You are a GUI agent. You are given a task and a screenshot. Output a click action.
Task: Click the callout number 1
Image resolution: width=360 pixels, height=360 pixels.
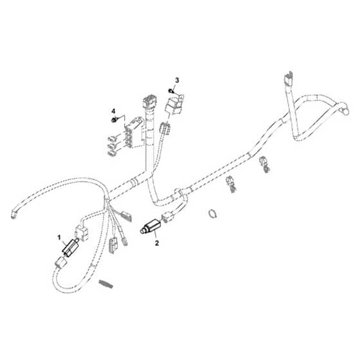[59, 237]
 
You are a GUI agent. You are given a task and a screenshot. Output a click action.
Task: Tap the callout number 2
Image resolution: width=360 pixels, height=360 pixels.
[157, 243]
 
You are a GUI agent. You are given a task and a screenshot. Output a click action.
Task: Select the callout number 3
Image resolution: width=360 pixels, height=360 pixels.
[177, 80]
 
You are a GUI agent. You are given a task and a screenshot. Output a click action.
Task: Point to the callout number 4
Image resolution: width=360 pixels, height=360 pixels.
[113, 111]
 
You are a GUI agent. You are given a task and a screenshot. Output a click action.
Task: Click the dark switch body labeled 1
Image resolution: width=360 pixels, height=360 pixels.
[70, 247]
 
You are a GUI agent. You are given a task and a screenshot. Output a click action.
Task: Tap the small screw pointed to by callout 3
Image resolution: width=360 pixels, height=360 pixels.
[170, 91]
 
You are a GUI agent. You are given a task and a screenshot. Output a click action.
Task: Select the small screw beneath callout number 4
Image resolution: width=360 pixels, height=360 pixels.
[114, 120]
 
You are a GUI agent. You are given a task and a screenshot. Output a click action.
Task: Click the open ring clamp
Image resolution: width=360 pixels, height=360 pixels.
[213, 213]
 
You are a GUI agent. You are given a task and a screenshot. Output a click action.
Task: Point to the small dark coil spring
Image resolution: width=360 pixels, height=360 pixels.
[106, 284]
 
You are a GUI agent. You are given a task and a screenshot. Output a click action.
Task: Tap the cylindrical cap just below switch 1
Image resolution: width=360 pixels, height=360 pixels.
[61, 263]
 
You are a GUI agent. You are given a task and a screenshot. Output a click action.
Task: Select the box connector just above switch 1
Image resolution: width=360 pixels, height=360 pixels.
[82, 232]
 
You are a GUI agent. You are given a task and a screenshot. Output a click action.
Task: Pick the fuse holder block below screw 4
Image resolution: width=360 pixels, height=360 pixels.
[134, 132]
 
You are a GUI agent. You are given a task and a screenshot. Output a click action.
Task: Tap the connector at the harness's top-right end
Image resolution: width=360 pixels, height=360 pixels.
[289, 78]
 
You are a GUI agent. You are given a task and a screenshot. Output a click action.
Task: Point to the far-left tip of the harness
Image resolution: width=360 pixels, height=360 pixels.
[14, 215]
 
